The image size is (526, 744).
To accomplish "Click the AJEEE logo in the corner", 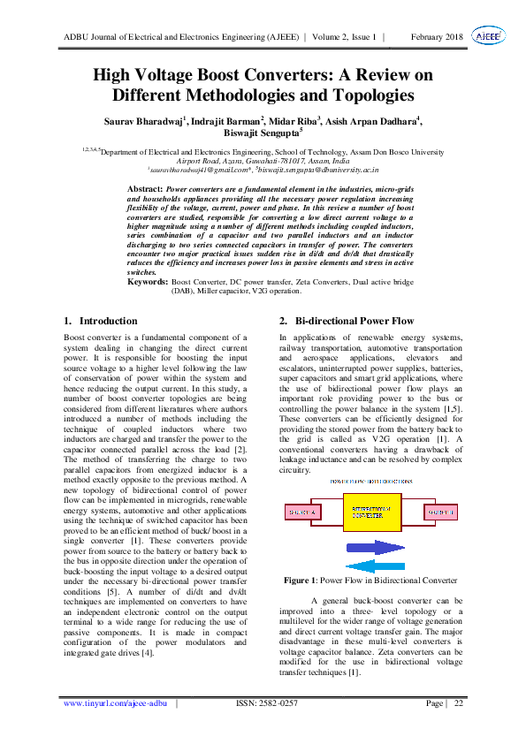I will coord(489,35).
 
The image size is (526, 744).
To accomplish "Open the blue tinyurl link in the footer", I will coord(115,703).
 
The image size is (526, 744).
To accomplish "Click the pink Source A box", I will coord(302,512).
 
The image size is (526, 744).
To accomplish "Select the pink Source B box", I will coord(440,512).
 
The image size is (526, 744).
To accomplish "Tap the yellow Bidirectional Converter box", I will coord(371,512).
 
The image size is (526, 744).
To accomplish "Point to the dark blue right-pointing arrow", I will coord(375,548).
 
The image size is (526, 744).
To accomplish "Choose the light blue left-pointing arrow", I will coord(375,566).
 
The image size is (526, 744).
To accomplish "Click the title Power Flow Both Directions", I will coord(371,482).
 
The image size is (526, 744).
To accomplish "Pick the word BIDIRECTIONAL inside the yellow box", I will coord(371,509).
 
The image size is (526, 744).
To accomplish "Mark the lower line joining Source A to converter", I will coord(326,526).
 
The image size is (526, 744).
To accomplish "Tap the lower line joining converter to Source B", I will coord(416,526).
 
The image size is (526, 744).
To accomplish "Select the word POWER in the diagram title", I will coord(338,482).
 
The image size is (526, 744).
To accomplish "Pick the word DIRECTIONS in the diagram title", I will coord(397,482).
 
